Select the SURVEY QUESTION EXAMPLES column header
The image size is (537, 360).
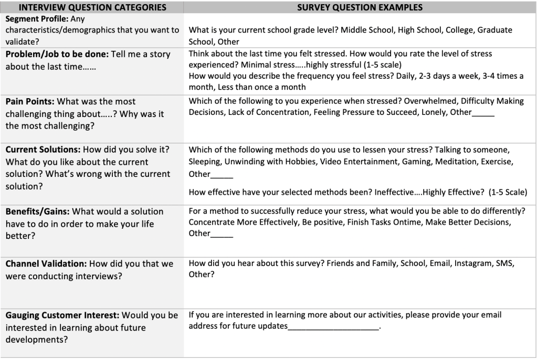pyautogui.click(x=360, y=7)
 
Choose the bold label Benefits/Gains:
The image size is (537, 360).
pyautogui.click(x=37, y=211)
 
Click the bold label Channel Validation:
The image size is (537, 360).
pyautogui.click(x=46, y=264)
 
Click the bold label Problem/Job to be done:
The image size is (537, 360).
pyautogui.click(x=57, y=54)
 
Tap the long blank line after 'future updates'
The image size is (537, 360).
pyautogui.click(x=333, y=327)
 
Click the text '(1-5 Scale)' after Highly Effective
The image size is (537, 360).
pyautogui.click(x=508, y=192)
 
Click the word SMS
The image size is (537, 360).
pyautogui.click(x=505, y=263)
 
